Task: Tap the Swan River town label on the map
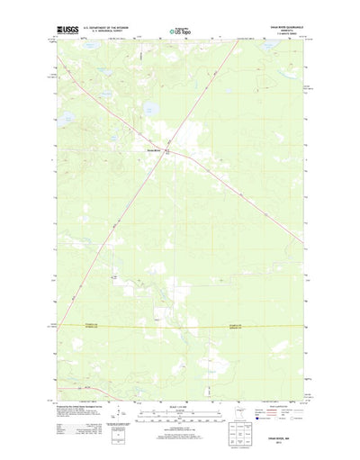[x=152, y=149]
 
